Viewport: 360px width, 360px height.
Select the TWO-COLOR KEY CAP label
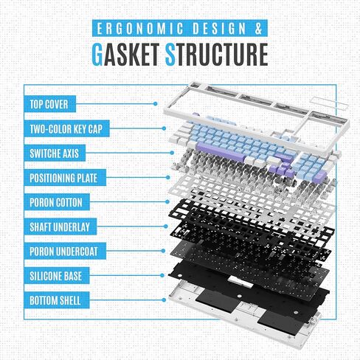click(x=66, y=128)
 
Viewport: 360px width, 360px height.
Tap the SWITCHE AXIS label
click(x=55, y=153)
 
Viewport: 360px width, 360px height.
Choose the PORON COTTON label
click(x=57, y=202)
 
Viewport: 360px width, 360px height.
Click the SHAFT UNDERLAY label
click(x=60, y=226)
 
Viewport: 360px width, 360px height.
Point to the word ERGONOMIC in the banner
click(x=140, y=28)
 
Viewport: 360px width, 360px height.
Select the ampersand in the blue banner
click(x=258, y=28)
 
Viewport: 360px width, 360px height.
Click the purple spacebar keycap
click(x=221, y=153)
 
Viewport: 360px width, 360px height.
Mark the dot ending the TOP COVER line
click(x=155, y=104)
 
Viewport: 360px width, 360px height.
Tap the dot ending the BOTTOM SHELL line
click(x=164, y=300)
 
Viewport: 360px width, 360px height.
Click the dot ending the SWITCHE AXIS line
click(x=172, y=153)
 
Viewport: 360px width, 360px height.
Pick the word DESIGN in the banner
click(x=219, y=28)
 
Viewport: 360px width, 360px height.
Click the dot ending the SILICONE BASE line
click(x=162, y=275)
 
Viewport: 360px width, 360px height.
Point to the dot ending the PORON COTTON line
click(x=167, y=201)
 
